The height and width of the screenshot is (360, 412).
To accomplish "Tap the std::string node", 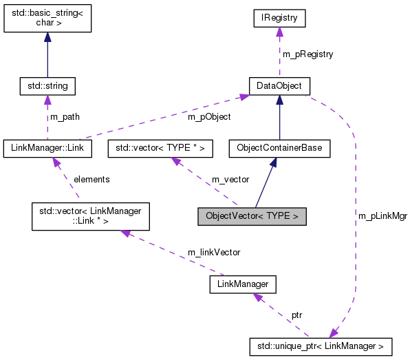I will (x=47, y=86).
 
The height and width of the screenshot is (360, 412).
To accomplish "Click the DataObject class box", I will (x=279, y=86).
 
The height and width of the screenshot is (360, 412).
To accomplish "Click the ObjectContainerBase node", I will (x=279, y=147).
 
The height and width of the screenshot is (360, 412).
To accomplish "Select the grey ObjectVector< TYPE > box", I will (x=252, y=216).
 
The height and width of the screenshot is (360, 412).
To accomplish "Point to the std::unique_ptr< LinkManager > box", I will (x=321, y=345).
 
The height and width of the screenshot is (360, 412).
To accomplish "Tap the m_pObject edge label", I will (x=209, y=117).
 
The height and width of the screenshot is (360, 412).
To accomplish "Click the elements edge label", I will (x=91, y=179).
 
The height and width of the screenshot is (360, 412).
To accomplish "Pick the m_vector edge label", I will (x=230, y=179).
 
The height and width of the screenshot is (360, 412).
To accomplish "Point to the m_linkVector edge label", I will (x=214, y=253).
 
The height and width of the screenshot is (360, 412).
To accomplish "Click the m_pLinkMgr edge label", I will (x=382, y=215).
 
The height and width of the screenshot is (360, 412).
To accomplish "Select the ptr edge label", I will (x=296, y=315).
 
